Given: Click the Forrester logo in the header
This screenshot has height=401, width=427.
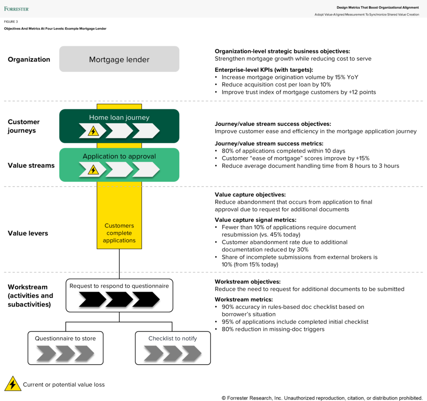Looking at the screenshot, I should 17,8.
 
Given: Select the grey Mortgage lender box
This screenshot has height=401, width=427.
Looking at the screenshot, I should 119,59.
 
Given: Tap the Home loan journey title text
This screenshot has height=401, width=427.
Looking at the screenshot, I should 119,118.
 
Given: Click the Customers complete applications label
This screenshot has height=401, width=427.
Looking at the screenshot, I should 119,233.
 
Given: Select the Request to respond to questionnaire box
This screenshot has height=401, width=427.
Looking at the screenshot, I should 119,295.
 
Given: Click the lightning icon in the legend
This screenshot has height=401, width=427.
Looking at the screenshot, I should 13,384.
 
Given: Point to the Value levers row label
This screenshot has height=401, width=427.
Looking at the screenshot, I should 28,233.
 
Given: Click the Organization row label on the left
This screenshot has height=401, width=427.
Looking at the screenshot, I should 29,59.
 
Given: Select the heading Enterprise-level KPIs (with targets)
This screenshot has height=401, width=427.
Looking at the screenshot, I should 264,70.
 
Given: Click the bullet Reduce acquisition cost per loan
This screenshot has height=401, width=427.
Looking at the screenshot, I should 276,84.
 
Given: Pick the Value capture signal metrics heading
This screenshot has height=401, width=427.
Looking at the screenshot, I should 255,219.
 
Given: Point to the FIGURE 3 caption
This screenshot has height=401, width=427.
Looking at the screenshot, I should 11,22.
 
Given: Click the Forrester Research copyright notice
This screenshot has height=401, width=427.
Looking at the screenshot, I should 322,398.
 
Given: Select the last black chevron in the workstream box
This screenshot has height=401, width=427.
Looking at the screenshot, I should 146,299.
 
